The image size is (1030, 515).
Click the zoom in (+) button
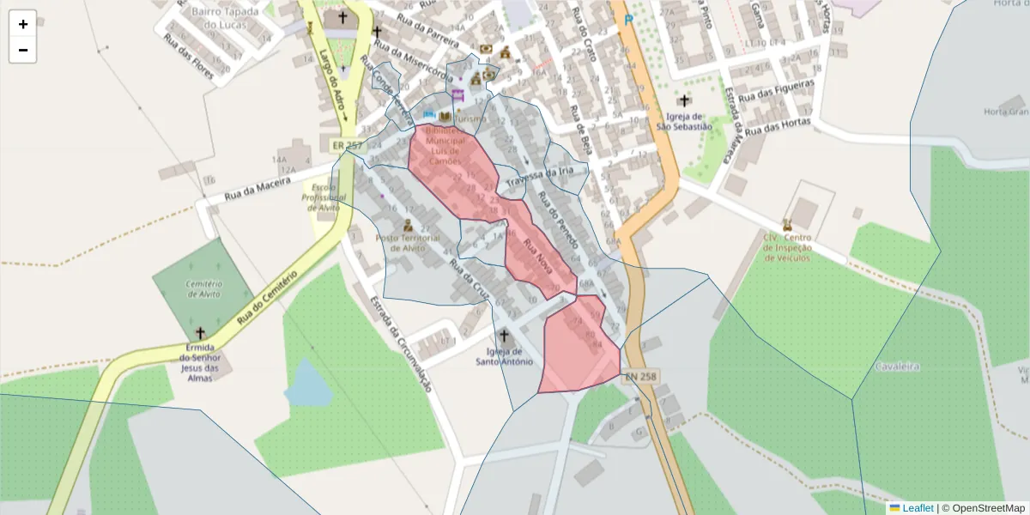pyautogui.click(x=22, y=24)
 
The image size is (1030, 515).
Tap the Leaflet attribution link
pyautogui.click(x=918, y=508)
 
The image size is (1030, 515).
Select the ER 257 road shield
pyautogui.click(x=341, y=146)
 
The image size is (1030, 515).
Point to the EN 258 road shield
pyautogui.click(x=640, y=376)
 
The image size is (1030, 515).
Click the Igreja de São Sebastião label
pyautogui.click(x=684, y=121)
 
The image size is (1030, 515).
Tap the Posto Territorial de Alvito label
pyautogui.click(x=408, y=243)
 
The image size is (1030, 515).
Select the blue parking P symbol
pyautogui.click(x=629, y=19)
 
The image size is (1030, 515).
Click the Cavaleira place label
pyautogui.click(x=897, y=367)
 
